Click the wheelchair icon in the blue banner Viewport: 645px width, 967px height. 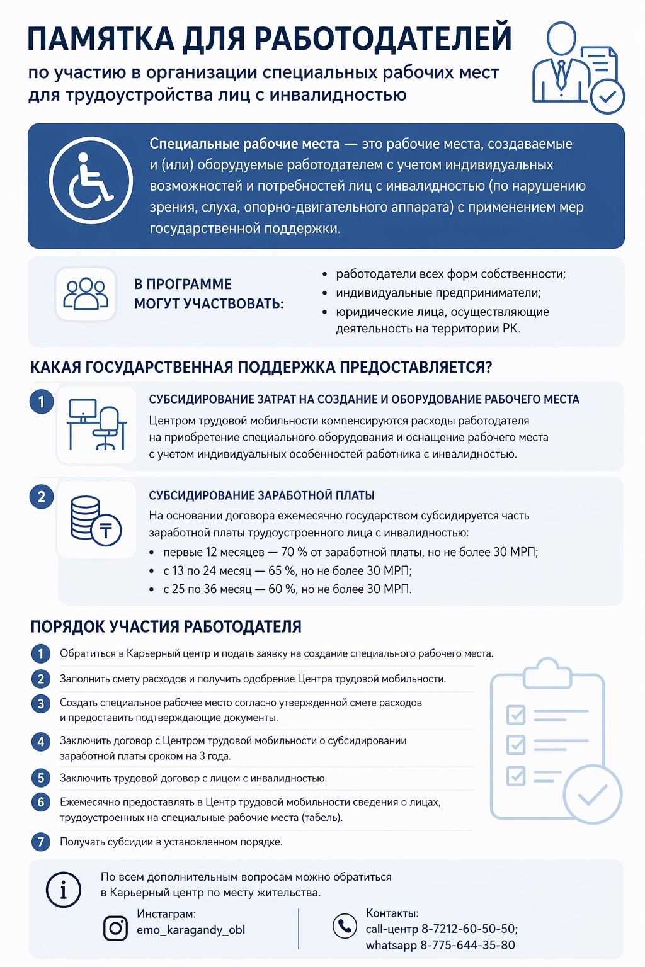coord(91,181)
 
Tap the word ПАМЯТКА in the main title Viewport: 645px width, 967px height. coord(101,38)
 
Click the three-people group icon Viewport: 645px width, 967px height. coord(86,294)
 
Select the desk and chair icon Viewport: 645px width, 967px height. coord(96,425)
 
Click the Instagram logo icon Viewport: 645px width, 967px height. coord(115,928)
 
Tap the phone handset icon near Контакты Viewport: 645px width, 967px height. coord(345,925)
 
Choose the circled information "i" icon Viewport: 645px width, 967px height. coord(64,890)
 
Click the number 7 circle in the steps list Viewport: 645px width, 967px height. coord(41,842)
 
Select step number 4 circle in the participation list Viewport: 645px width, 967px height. coord(41,742)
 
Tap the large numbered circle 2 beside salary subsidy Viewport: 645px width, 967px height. coord(42,497)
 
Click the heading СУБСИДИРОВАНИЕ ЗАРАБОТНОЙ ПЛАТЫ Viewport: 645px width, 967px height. coord(261,495)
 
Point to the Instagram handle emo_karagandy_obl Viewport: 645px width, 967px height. coord(191,930)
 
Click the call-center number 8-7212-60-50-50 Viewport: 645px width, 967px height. coord(469,929)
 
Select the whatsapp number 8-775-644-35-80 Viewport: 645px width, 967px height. coord(467,945)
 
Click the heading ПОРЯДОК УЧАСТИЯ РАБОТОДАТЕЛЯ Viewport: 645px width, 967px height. coord(166,627)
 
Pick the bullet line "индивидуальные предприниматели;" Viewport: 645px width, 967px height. coord(438,293)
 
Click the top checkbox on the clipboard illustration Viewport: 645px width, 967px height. coord(516,714)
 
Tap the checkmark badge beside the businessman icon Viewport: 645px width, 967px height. coord(607,97)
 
